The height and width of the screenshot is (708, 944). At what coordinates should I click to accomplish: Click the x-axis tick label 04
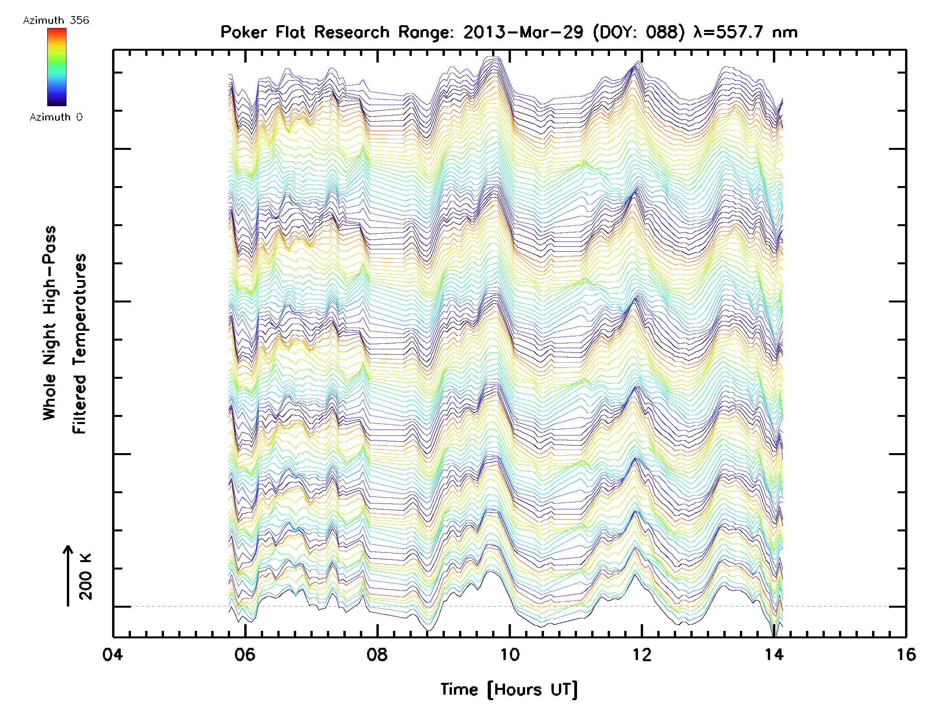click(x=112, y=655)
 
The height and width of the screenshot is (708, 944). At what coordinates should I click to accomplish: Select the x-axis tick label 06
click(x=245, y=655)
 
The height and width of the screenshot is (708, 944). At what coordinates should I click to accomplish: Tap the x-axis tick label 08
click(x=377, y=655)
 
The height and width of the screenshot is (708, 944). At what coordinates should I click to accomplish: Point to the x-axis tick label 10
click(x=509, y=655)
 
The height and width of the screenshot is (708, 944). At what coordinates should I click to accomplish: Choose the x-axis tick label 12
click(x=642, y=655)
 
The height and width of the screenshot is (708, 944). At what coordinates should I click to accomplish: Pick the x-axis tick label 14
click(x=774, y=655)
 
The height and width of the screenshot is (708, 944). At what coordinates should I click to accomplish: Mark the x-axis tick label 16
click(x=906, y=655)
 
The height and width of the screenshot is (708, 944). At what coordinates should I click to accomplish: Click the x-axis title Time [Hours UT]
click(x=509, y=690)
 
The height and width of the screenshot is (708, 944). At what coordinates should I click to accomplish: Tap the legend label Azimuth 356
click(x=56, y=20)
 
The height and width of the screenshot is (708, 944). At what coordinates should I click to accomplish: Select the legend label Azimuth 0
click(x=56, y=117)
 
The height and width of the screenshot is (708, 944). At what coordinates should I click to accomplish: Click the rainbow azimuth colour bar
click(x=57, y=67)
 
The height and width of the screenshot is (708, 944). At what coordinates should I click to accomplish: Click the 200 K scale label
click(x=86, y=577)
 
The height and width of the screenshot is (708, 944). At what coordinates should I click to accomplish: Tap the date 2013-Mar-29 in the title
click(x=523, y=32)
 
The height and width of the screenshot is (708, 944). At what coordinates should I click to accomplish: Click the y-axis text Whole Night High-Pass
click(x=50, y=323)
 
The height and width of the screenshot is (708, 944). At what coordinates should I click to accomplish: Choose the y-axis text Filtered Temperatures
click(x=79, y=344)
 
